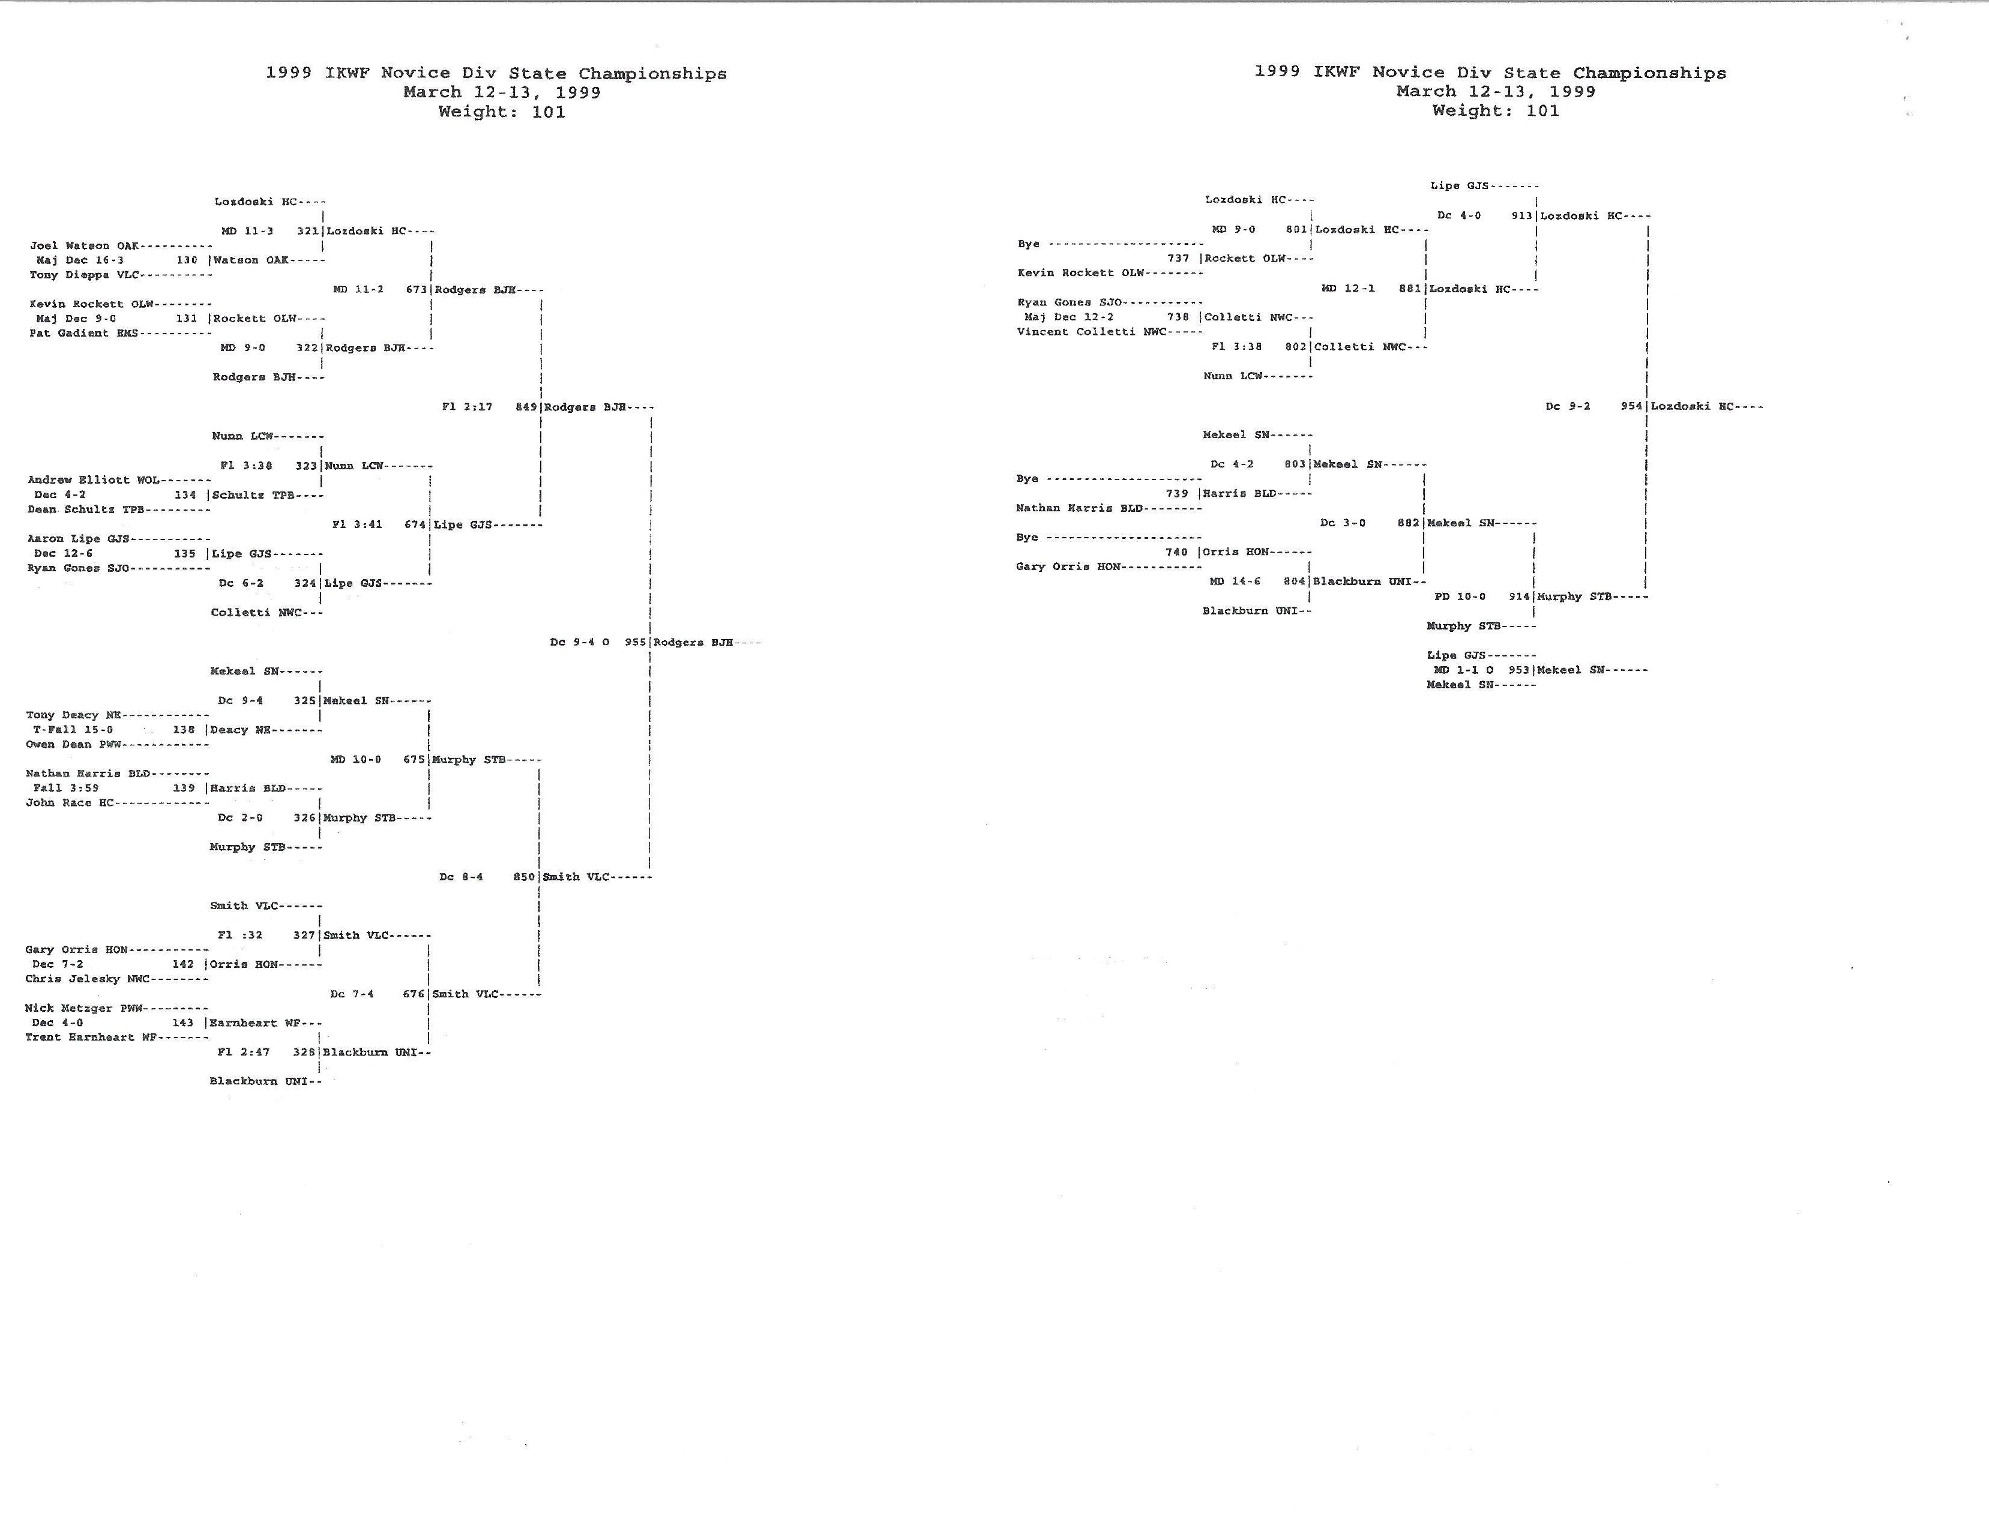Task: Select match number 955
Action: pyautogui.click(x=636, y=643)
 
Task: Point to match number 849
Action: pyautogui.click(x=526, y=407)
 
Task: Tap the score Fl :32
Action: pyautogui.click(x=240, y=935)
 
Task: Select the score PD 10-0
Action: pyautogui.click(x=1460, y=597)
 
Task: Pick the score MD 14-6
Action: pyautogui.click(x=1235, y=581)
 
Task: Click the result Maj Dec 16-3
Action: pyautogui.click(x=80, y=260)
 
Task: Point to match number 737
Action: pyautogui.click(x=1178, y=259)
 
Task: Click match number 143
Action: pyautogui.click(x=183, y=1023)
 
